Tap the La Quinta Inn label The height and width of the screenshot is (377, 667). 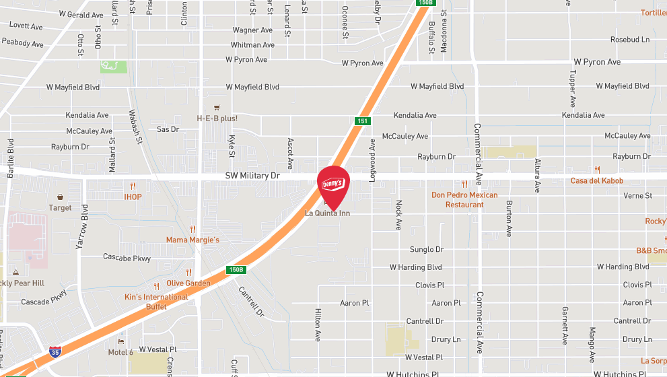point(328,213)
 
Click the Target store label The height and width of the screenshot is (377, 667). point(61,207)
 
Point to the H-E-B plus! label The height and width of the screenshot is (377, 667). point(217,118)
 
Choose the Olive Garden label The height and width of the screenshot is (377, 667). point(188,283)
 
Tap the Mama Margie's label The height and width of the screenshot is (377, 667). point(192,240)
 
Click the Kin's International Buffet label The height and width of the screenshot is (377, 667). point(156,301)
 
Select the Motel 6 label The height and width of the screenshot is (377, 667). point(120,352)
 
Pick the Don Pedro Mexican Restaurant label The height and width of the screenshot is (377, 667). point(464,199)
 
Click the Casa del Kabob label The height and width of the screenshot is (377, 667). point(597,180)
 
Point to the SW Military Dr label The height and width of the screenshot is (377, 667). point(252,175)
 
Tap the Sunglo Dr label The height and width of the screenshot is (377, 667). point(427,249)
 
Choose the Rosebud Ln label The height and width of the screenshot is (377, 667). point(630,40)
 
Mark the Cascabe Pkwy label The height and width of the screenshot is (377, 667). point(127,257)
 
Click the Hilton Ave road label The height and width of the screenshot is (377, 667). point(318,325)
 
